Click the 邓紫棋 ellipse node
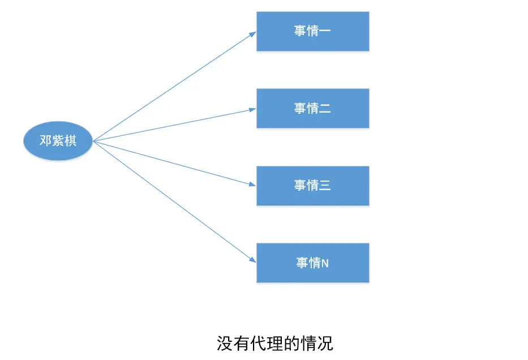(x=58, y=141)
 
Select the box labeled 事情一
(x=312, y=31)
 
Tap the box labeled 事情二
(x=312, y=108)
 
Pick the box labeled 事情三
(x=312, y=186)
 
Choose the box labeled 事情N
(x=312, y=263)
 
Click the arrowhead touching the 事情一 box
(x=253, y=33)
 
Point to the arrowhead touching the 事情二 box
(x=253, y=109)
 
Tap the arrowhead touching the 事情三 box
(x=253, y=184)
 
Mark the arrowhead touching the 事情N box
(x=253, y=260)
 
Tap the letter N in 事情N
(x=325, y=263)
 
